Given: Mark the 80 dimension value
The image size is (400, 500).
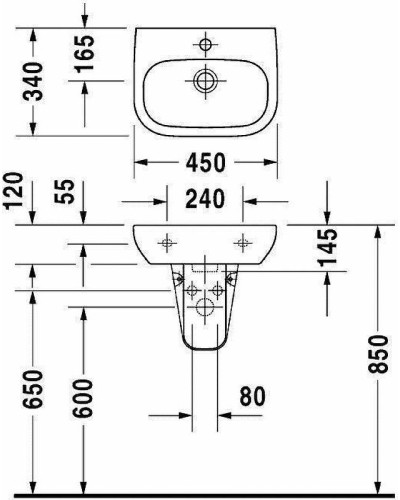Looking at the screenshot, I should [x=251, y=397].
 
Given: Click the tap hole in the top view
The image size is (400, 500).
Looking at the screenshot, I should [x=206, y=44].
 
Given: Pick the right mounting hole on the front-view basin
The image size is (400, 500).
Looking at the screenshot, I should [x=242, y=240].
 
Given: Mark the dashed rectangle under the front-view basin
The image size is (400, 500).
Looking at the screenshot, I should [x=206, y=268].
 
